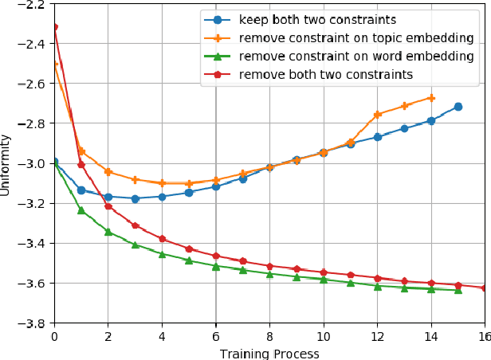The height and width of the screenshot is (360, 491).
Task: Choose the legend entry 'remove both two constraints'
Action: click(x=325, y=74)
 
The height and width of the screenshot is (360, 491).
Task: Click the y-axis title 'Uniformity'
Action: click(x=7, y=163)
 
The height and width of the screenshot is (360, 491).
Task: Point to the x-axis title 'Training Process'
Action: click(x=269, y=353)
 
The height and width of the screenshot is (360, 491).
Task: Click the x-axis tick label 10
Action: click(x=324, y=337)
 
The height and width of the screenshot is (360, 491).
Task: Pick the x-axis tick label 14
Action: click(x=431, y=337)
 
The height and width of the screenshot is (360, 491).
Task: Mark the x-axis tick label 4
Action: click(x=162, y=337)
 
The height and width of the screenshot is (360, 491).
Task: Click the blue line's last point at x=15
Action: click(x=458, y=107)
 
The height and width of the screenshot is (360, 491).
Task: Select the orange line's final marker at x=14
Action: click(x=431, y=98)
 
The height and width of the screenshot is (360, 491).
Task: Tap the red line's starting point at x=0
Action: click(x=54, y=27)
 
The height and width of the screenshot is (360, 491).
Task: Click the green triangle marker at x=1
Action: click(x=81, y=210)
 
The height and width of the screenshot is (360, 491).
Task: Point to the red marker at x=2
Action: click(x=108, y=206)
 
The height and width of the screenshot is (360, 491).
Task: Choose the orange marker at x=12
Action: click(x=378, y=115)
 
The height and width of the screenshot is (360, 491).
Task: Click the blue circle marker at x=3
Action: click(x=135, y=198)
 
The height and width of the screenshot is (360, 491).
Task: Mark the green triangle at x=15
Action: click(x=458, y=290)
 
